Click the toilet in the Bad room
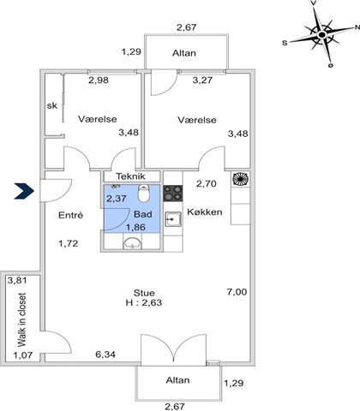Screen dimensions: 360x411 (x=144, y=193)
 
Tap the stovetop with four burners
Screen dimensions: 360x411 (x=173, y=194)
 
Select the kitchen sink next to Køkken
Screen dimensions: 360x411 (x=173, y=219)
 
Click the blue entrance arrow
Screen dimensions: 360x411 (x=24, y=191)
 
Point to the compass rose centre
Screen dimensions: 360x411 (x=322, y=35)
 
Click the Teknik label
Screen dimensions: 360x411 (x=130, y=176)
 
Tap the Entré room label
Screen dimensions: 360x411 (x=70, y=215)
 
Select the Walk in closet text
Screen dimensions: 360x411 (x=21, y=320)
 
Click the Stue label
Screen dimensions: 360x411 (x=144, y=293)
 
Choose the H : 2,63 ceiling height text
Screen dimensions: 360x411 (x=144, y=302)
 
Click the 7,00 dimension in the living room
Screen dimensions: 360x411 (x=237, y=292)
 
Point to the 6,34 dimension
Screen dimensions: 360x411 (x=105, y=354)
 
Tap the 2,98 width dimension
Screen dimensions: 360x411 (x=99, y=80)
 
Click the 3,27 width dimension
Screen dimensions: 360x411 (x=202, y=80)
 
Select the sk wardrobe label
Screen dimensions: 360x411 (x=52, y=105)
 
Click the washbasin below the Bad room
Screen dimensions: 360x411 (x=132, y=243)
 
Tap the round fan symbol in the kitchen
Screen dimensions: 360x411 (x=240, y=179)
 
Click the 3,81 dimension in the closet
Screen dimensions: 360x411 (x=17, y=281)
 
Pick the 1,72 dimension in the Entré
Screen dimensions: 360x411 (x=69, y=243)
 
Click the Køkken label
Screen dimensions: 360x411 (x=205, y=212)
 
